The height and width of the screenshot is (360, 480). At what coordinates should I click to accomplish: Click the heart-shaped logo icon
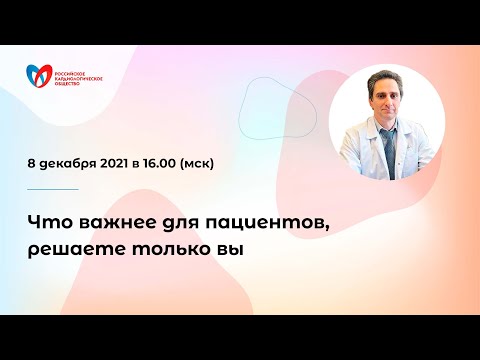tap(39, 76)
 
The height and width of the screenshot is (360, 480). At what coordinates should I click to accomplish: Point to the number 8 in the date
tap(34, 161)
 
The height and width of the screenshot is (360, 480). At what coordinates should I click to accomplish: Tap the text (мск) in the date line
tap(220, 161)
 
